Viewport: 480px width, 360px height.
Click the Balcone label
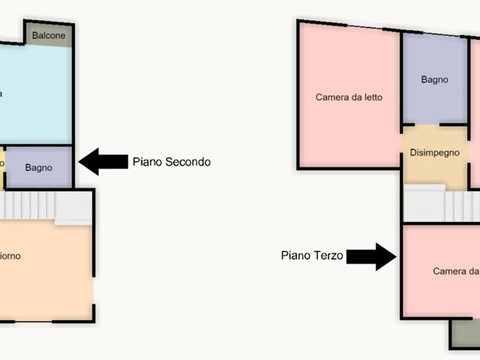pos(49,35)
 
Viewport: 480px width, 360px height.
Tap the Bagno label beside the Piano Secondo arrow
pos(38,168)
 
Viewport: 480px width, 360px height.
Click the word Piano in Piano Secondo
pos(148,161)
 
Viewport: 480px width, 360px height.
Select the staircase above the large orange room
pos(42,205)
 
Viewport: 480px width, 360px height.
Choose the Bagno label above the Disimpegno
pos(434,80)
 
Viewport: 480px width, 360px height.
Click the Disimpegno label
pos(434,152)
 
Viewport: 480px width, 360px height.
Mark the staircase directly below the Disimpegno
pos(441,204)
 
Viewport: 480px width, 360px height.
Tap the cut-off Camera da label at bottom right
pos(456,271)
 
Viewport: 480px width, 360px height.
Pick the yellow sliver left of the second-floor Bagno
pos(2,162)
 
